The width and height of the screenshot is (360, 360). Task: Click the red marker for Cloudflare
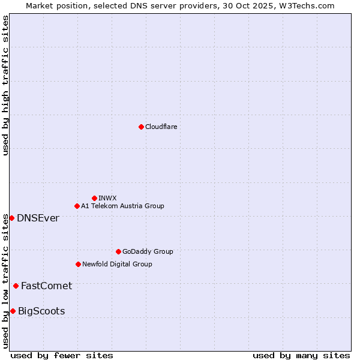point(141,127)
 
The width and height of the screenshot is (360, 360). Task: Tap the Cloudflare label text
point(161,127)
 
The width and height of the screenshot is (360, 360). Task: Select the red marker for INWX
point(94,198)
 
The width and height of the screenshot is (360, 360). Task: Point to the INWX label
point(107,199)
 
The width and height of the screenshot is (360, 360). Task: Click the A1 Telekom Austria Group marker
point(77,206)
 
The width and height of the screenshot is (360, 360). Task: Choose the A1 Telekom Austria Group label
point(122,206)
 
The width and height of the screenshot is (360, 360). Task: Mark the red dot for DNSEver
point(11,218)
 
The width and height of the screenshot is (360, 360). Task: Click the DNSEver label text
point(38,218)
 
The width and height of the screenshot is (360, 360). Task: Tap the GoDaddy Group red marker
point(118,251)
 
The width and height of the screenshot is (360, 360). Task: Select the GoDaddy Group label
point(148,252)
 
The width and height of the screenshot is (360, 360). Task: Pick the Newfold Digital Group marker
point(78,264)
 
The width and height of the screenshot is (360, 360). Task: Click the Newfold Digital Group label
point(117,265)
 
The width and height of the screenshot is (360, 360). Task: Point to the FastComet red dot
point(16,286)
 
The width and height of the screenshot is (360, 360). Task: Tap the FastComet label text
point(46,286)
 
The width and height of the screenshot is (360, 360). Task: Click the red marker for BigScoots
point(13,311)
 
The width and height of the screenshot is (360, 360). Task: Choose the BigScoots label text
point(41,311)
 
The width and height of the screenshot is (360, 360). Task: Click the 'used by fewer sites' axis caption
point(62,355)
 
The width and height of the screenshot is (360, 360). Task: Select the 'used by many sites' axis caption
point(301,355)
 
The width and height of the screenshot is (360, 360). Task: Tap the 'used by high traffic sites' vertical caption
point(6,85)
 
